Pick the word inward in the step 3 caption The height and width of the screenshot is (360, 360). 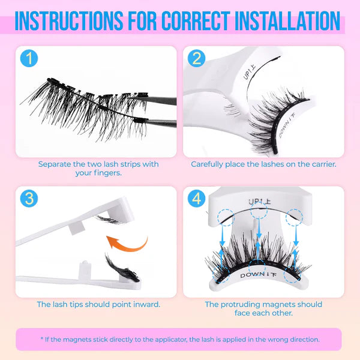coord(146,304)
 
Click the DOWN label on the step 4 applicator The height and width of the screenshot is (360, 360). coord(257,275)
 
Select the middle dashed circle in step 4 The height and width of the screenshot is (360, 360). coord(259,211)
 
